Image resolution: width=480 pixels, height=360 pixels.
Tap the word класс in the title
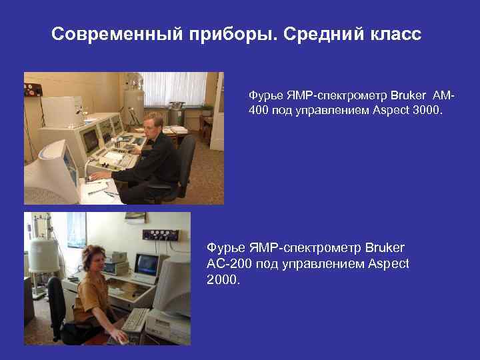point(396,34)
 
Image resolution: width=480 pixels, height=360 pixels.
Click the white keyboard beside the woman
point(135,318)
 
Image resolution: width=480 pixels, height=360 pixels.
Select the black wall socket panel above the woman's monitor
point(161,235)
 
